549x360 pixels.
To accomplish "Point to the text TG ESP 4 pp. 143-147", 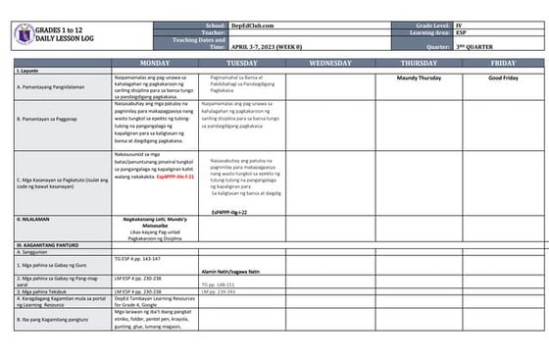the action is (x=138, y=258).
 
